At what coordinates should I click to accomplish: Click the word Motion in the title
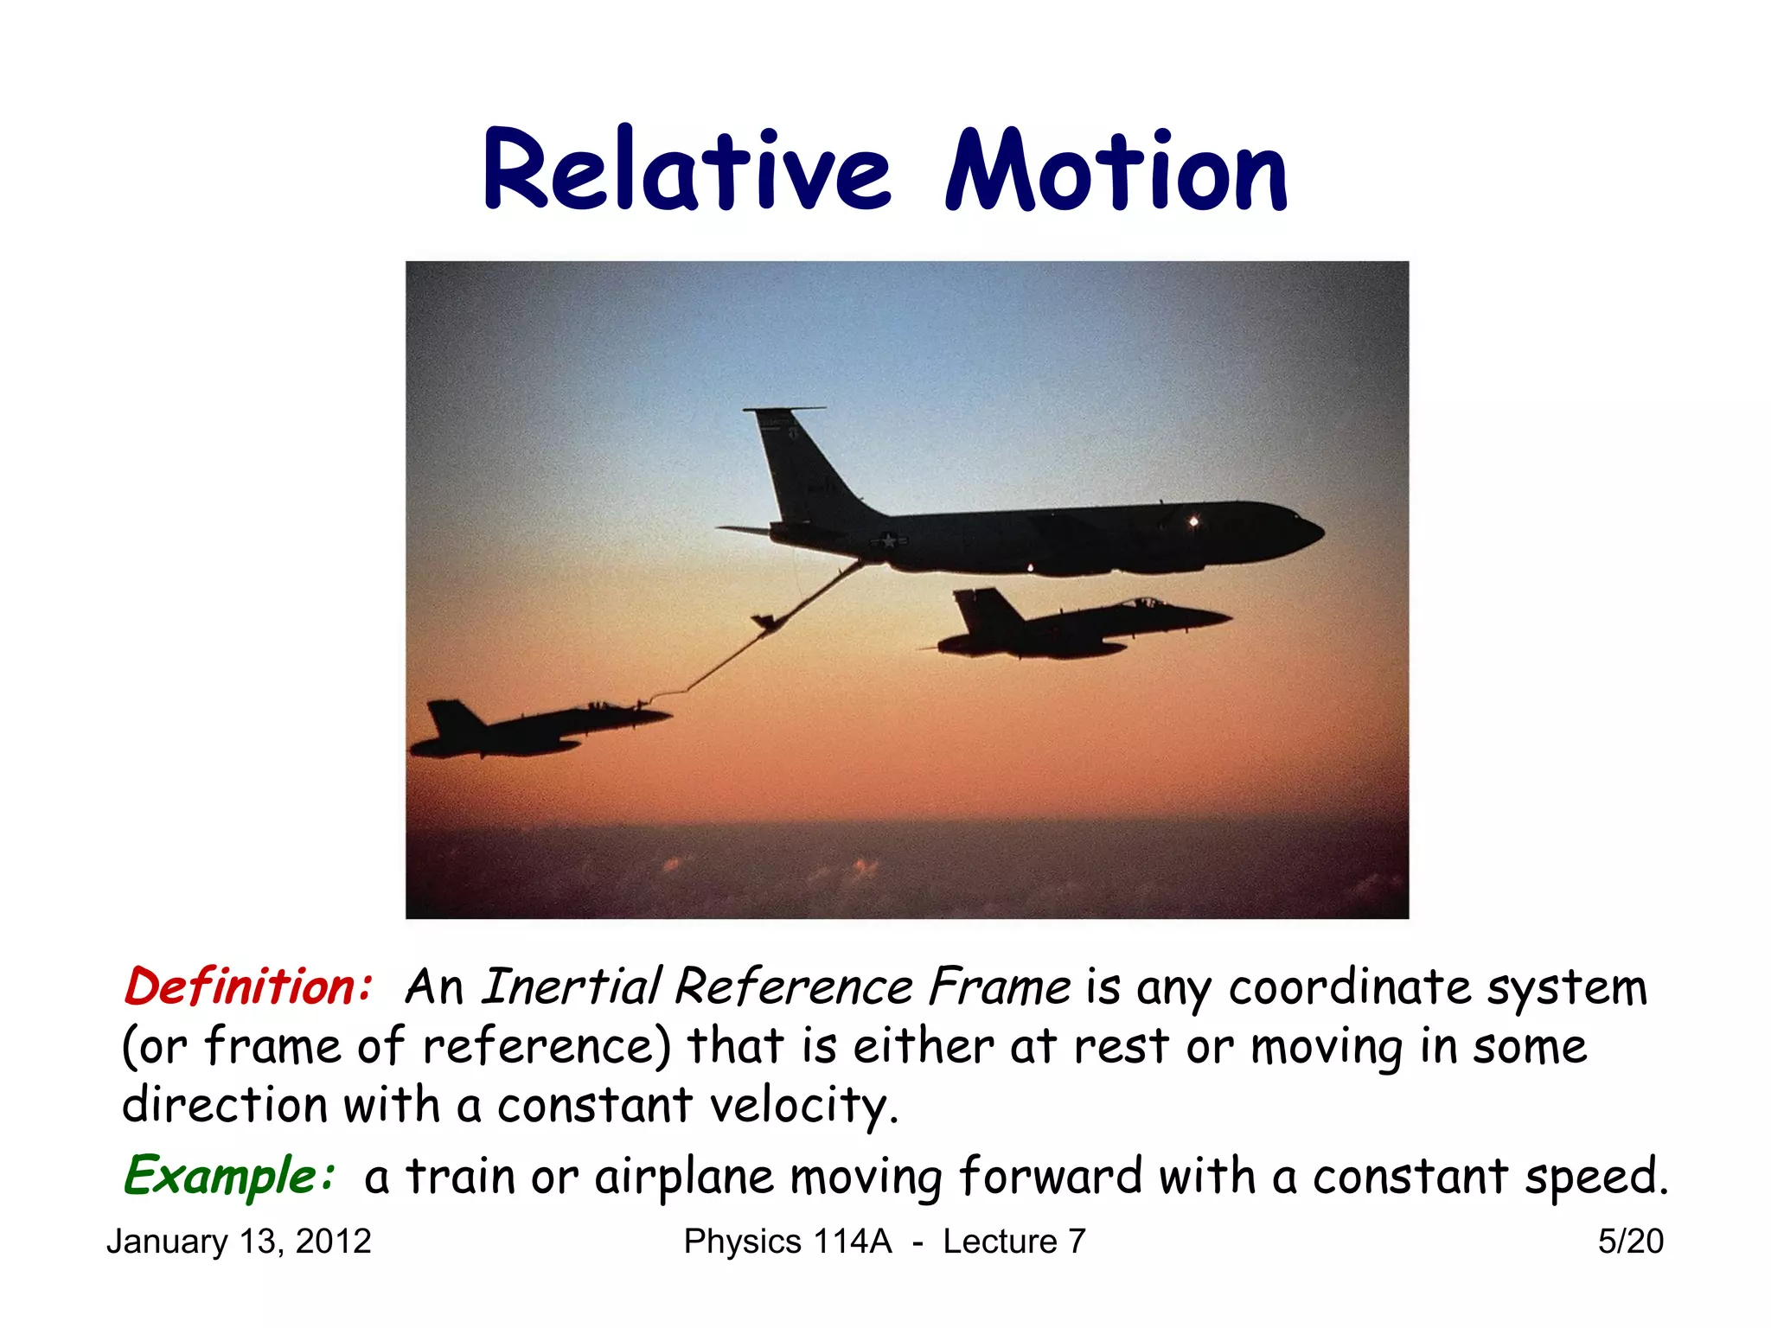click(x=1116, y=171)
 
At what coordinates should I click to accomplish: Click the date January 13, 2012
click(x=239, y=1242)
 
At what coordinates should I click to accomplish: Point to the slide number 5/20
click(x=1630, y=1242)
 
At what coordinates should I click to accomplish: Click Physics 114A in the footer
click(x=787, y=1242)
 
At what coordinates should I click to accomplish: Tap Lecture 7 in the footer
click(x=1013, y=1242)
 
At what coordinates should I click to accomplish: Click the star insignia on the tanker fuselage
click(x=888, y=541)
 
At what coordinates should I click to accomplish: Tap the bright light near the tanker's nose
click(x=1193, y=520)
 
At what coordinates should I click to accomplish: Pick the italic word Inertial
click(x=571, y=986)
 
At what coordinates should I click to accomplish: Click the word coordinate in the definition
click(x=1349, y=986)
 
